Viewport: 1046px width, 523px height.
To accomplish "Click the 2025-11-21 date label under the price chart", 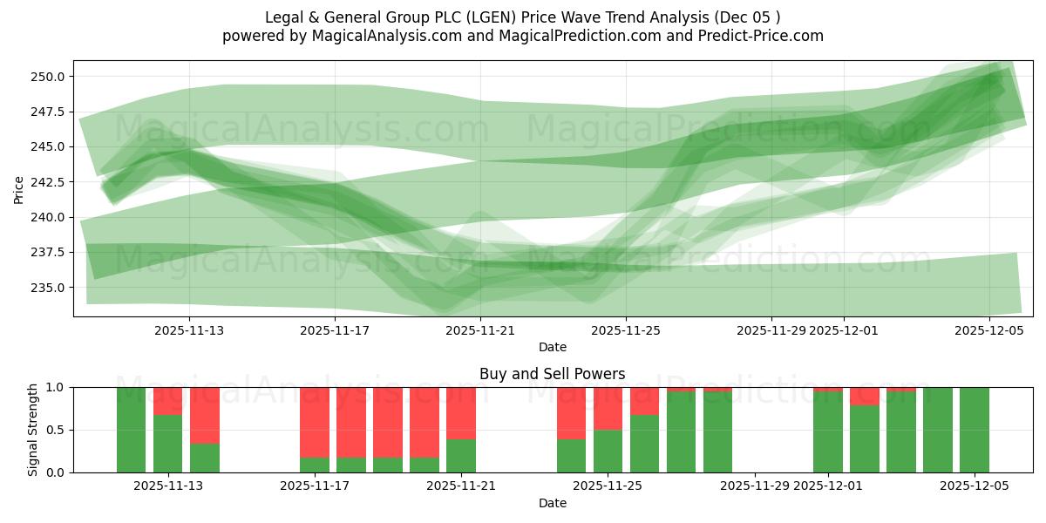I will tap(480, 330).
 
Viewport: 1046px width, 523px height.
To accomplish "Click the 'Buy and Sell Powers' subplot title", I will tap(552, 374).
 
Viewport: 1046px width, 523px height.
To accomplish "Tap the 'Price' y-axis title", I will tap(19, 188).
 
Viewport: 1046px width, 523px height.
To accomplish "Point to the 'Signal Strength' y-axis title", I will tap(33, 430).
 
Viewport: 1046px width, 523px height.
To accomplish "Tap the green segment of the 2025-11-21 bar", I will tap(461, 456).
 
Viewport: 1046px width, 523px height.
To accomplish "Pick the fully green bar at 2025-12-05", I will tap(975, 430).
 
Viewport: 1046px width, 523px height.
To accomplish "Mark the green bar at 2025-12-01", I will tap(828, 431).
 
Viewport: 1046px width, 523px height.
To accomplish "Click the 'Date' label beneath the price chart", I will tap(552, 347).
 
